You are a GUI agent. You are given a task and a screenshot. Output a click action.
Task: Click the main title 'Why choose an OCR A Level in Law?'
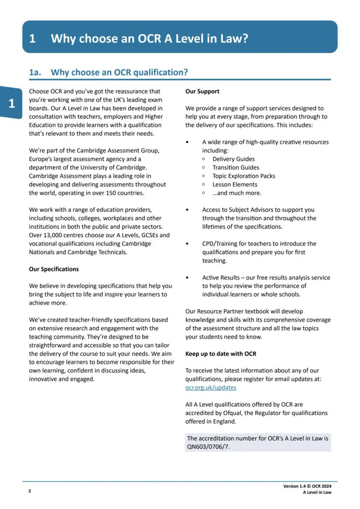point(149,38)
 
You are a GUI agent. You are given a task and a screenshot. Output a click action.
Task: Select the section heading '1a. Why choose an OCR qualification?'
point(109,72)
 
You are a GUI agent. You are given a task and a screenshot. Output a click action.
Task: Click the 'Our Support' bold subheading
point(202,91)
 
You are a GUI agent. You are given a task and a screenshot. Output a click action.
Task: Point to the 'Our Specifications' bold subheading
point(54,269)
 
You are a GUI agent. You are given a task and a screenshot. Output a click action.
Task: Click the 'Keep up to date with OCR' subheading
point(220,354)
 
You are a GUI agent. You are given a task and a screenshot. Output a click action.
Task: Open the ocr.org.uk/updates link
point(211,387)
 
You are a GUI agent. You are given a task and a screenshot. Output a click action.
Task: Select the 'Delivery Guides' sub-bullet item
point(233,159)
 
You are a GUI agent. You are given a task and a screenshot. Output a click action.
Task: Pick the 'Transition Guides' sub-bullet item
point(236,167)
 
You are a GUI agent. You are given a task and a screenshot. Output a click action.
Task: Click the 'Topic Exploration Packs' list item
point(243,176)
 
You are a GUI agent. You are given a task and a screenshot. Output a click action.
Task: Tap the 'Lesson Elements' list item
point(235,184)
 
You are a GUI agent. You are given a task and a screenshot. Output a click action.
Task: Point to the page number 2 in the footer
point(30,491)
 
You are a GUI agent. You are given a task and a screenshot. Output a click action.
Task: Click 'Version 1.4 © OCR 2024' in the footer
point(310,486)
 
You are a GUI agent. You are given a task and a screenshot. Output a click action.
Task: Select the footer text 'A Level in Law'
point(317,492)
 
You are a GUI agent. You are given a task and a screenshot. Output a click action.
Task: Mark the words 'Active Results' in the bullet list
point(221,278)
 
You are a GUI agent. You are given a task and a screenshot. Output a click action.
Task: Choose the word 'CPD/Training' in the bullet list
point(220,244)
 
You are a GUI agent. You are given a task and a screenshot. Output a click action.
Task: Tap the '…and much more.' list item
point(237,193)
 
